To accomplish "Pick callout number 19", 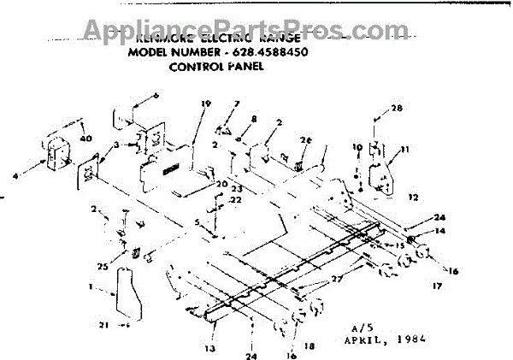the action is click(206, 104).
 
